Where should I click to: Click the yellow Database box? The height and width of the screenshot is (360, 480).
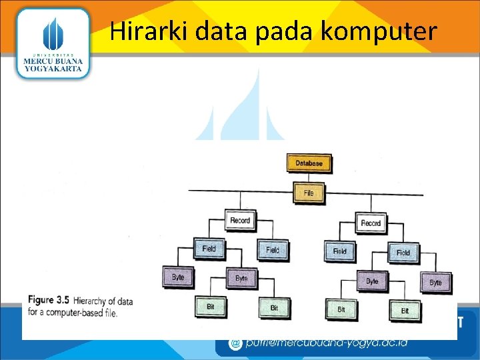309,163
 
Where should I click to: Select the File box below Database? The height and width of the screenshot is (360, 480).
308,193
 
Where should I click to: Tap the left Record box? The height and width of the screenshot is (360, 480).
240,220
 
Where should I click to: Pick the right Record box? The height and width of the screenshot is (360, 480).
371,223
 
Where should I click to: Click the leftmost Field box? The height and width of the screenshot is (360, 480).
209,249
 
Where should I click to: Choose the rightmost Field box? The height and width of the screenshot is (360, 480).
403,253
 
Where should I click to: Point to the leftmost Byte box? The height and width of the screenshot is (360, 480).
178,277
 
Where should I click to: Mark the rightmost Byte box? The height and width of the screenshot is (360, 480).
435,282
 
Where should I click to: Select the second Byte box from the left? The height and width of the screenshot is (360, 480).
241,278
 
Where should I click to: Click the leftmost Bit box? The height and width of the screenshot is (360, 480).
210,307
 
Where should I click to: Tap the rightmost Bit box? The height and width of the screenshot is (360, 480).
405,311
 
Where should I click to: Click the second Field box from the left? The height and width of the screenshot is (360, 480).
273,250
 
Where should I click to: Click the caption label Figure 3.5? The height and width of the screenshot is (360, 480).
49,300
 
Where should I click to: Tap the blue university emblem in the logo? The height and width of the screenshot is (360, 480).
53,33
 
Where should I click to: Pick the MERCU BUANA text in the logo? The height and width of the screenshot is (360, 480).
53,61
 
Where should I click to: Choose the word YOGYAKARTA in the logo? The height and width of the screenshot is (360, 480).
53,69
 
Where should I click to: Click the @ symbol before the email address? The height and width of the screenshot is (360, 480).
235,344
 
